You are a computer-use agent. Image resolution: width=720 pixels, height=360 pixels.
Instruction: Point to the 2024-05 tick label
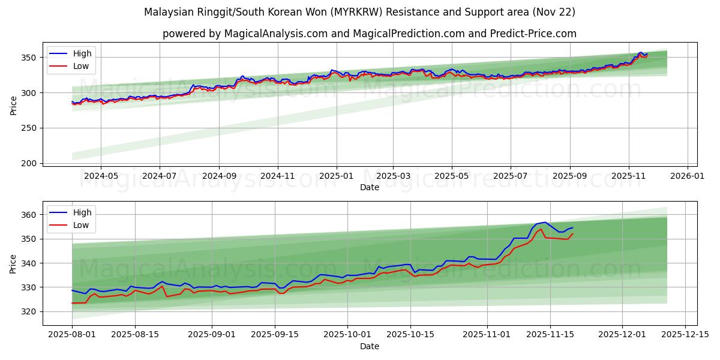click(100, 176)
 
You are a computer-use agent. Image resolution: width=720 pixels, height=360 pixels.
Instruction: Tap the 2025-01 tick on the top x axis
click(336, 176)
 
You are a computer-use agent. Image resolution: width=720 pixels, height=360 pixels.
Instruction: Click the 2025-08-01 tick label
click(72, 335)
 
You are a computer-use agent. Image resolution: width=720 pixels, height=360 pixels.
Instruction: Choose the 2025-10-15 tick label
click(410, 335)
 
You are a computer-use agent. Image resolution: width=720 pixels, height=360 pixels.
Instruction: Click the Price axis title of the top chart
click(14, 105)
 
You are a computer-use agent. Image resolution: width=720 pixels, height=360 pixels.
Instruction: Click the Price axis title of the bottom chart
click(14, 263)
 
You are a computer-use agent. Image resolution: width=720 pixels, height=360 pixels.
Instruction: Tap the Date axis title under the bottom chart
click(370, 346)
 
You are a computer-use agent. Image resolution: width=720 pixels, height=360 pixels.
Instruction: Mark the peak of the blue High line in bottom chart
click(545, 222)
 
